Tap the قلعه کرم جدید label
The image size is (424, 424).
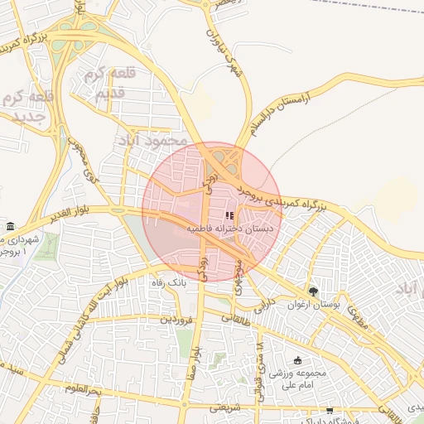pyautogui.click(x=29, y=107)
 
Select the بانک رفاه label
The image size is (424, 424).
pyautogui.click(x=169, y=282)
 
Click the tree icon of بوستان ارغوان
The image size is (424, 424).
pyautogui.click(x=313, y=292)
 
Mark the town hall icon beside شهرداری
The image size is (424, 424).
pyautogui.click(x=9, y=227)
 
